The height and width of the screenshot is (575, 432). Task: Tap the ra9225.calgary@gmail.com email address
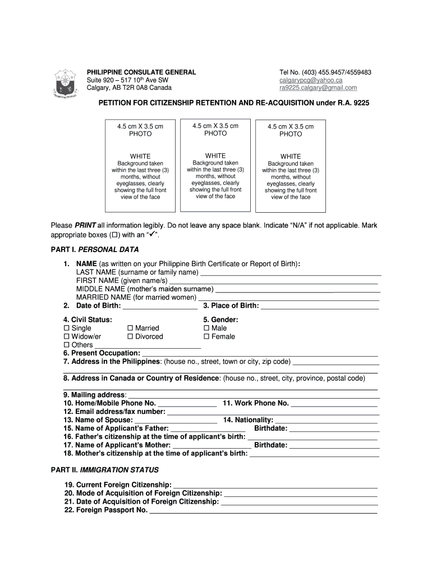point(318,88)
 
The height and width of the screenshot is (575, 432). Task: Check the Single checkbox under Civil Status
point(67,328)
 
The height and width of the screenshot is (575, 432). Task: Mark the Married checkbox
point(130,328)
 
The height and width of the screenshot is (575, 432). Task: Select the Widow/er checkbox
point(67,336)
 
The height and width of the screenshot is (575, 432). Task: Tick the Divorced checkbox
point(130,336)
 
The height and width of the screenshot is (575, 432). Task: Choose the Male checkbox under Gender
point(206,328)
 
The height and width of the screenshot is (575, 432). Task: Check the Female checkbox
point(206,336)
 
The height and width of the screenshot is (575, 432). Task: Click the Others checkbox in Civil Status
point(67,345)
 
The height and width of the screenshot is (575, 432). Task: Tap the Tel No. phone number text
point(325,72)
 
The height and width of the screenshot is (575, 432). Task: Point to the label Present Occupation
point(102,353)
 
